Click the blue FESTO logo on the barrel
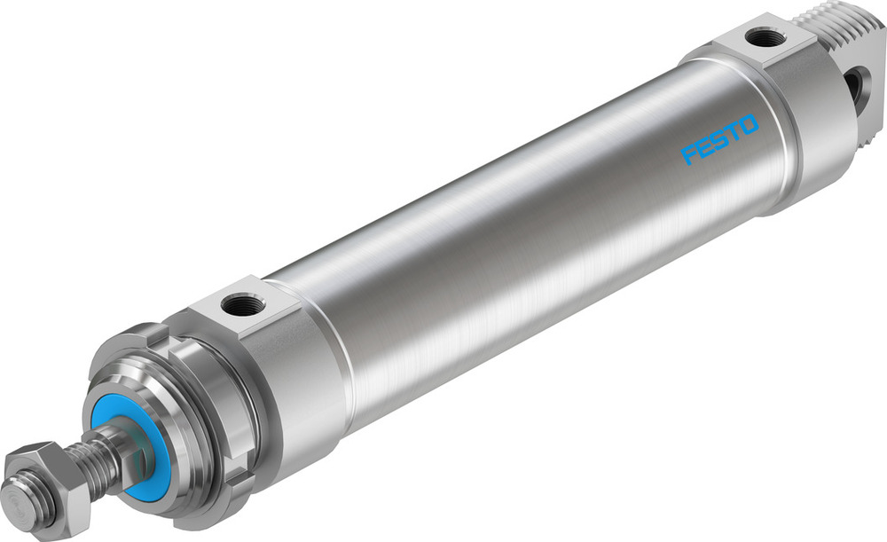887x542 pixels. (720, 139)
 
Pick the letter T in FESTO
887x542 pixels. (733, 133)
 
